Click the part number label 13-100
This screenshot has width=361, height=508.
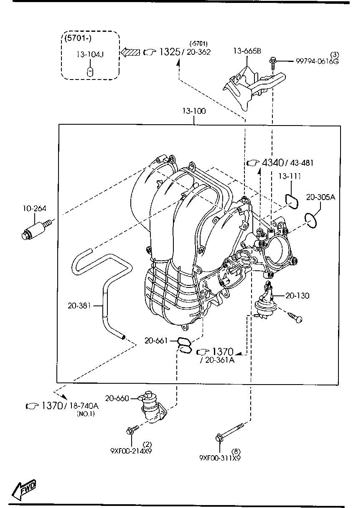point(193,111)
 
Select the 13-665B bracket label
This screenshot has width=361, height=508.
point(247,51)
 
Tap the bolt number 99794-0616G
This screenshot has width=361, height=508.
point(317,61)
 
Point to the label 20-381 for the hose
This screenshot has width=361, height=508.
point(79,306)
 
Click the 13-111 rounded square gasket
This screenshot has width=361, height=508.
point(291,200)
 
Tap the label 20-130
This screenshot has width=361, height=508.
point(297,296)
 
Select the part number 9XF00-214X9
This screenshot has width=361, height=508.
point(131,451)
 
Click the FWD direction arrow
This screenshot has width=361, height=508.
point(24,488)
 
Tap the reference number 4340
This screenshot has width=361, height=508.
point(273,162)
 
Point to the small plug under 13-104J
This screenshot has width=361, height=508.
point(90,71)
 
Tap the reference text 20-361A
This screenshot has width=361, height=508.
point(219,360)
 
